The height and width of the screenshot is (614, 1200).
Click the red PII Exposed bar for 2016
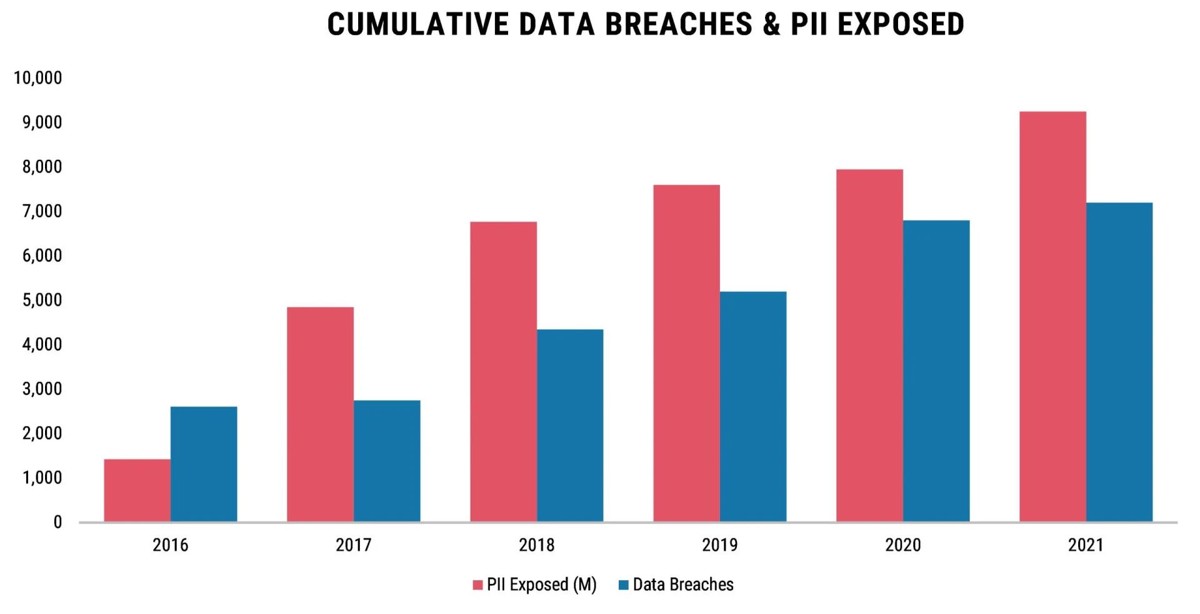coord(137,490)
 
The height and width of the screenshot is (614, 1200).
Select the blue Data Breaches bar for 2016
coord(204,464)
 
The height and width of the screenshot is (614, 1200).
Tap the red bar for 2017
coord(320,414)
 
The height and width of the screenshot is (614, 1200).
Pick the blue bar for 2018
coord(570,425)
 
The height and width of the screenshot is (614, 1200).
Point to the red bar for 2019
coord(686,353)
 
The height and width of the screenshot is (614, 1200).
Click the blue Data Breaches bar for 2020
coord(936,371)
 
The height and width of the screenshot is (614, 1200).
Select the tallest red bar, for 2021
coord(1052,317)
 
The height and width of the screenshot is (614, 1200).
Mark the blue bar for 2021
coord(1119,362)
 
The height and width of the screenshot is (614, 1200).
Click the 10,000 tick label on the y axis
coord(38,78)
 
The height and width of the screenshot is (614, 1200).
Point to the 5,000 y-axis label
coord(42,300)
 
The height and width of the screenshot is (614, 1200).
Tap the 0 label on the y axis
coord(57,522)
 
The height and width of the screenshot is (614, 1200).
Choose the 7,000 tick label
coord(42,212)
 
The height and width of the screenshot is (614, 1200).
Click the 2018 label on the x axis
coord(536,545)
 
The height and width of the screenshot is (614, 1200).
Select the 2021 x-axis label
coord(1086,545)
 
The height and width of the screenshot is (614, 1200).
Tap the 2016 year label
coord(170,545)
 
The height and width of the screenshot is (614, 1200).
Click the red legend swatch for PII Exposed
coord(477,585)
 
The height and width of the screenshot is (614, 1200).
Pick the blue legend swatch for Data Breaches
coord(623,585)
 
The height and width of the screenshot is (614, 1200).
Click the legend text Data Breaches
coord(683,585)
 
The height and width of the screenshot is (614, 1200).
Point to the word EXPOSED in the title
coord(901,24)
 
